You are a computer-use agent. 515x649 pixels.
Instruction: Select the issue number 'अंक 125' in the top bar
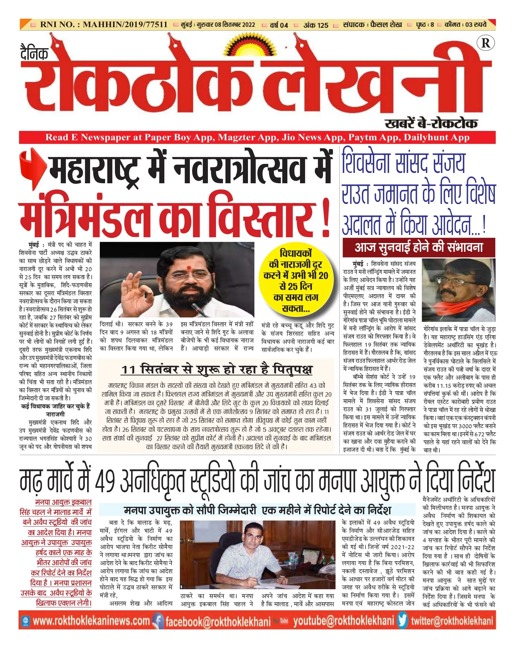[x=315, y=25]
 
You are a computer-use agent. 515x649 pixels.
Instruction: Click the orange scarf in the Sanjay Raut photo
[x=458, y=307]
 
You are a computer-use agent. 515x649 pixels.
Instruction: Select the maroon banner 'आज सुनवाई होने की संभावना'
[x=418, y=247]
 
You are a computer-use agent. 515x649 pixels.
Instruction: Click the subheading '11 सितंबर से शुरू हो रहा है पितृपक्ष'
[x=217, y=369]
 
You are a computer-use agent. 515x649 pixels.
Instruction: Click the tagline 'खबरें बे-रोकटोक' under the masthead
[x=431, y=123]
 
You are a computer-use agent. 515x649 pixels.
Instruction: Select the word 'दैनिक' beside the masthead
[x=34, y=53]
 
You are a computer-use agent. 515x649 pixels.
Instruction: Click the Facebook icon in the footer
[x=158, y=621]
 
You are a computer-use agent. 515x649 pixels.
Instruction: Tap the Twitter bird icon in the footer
[x=403, y=621]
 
